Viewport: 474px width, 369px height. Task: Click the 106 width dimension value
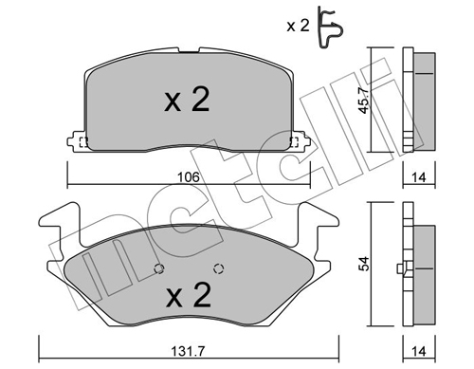[189, 177]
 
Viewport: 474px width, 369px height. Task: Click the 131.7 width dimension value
[188, 351]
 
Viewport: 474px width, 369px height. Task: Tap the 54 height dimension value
[365, 264]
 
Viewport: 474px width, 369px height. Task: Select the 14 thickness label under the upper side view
[419, 177]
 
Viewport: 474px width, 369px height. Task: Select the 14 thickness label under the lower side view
[419, 351]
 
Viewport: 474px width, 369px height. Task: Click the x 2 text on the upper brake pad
[187, 99]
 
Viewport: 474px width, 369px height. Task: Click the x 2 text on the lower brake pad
[189, 295]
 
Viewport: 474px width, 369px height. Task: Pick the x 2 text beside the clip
[298, 26]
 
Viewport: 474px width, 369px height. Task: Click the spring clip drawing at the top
[330, 28]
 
